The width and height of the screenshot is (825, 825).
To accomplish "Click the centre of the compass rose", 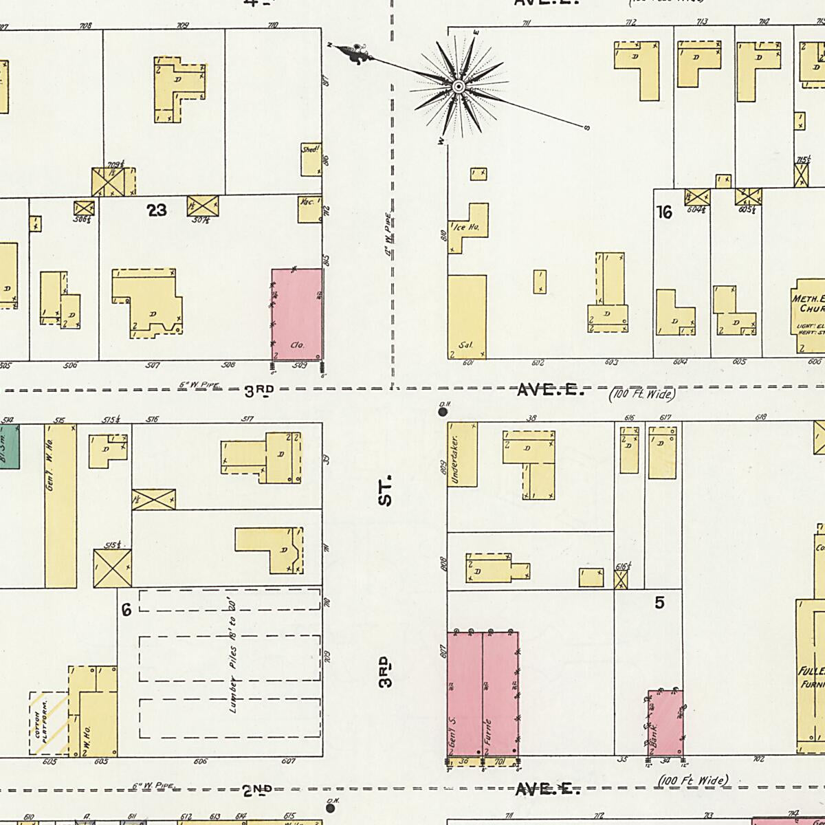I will point(458,86).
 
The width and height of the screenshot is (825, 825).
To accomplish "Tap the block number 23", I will point(157,210).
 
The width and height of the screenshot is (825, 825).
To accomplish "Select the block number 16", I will point(664,212).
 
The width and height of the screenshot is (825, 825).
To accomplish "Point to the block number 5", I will point(660,603).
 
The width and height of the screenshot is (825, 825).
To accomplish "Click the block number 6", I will point(126,609).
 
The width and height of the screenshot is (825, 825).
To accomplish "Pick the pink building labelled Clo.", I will point(297,313).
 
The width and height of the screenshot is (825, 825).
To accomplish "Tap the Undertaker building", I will point(462,454).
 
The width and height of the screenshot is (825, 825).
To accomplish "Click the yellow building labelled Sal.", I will point(467,316).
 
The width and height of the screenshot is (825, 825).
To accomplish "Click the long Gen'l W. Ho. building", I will point(60,505).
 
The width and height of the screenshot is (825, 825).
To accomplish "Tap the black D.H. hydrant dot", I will point(443,412).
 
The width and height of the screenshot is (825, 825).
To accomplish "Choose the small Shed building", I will point(311,159).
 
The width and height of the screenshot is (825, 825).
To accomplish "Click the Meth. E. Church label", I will point(808,304).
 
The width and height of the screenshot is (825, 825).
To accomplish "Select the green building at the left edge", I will point(9,446).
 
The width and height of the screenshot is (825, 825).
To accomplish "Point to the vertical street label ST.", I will point(386,489).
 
